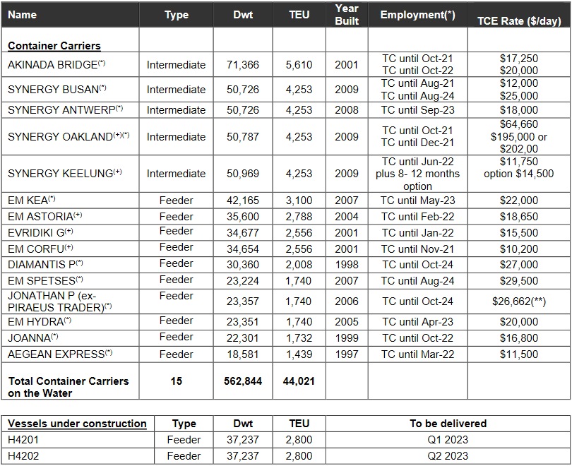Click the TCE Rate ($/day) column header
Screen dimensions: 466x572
pyautogui.click(x=518, y=20)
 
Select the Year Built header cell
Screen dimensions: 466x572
pyautogui.click(x=347, y=15)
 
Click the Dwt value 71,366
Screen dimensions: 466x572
pyautogui.click(x=242, y=65)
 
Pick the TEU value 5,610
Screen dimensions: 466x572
pyautogui.click(x=299, y=65)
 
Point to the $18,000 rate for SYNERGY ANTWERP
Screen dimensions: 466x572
pyautogui.click(x=518, y=110)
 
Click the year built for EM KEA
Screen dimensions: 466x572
pyautogui.click(x=347, y=201)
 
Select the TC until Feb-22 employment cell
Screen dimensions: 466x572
pyautogui.click(x=417, y=217)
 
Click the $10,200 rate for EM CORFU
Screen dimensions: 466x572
pyautogui.click(x=518, y=249)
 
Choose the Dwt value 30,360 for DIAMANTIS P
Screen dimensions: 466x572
pyautogui.click(x=242, y=264)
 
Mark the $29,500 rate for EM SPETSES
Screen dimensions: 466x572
pyautogui.click(x=518, y=280)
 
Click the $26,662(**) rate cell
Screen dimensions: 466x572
pyautogui.click(x=518, y=301)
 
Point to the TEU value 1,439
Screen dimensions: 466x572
pyautogui.click(x=299, y=354)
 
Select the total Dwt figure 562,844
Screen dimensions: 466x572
pyautogui.click(x=242, y=381)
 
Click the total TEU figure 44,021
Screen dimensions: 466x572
pyautogui.click(x=299, y=381)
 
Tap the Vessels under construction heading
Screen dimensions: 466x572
pyautogui.click(x=77, y=424)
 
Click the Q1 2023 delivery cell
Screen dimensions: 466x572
pyautogui.click(x=448, y=440)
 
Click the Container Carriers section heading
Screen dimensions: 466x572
pyautogui.click(x=54, y=46)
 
